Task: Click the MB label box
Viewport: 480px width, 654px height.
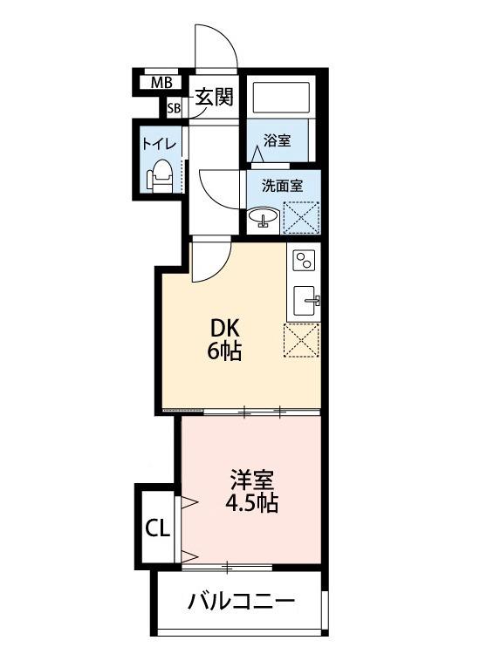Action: click(161, 84)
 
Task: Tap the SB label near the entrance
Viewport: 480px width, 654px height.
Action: click(175, 108)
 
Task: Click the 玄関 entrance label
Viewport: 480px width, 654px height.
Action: click(213, 97)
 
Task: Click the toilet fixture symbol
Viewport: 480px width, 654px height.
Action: click(161, 177)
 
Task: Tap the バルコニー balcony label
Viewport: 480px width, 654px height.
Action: click(241, 601)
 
